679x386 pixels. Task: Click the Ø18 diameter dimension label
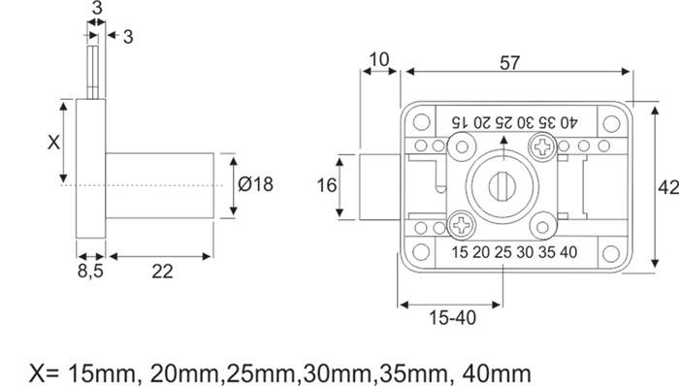(x=255, y=184)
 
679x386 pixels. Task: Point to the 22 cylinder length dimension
(x=161, y=272)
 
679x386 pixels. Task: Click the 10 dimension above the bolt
(x=379, y=60)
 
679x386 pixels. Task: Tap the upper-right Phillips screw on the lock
(x=539, y=146)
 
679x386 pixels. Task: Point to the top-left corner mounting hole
(x=421, y=123)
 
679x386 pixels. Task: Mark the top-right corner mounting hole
(x=609, y=123)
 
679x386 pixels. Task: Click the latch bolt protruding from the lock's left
(x=380, y=185)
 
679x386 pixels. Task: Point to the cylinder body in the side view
(x=160, y=185)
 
